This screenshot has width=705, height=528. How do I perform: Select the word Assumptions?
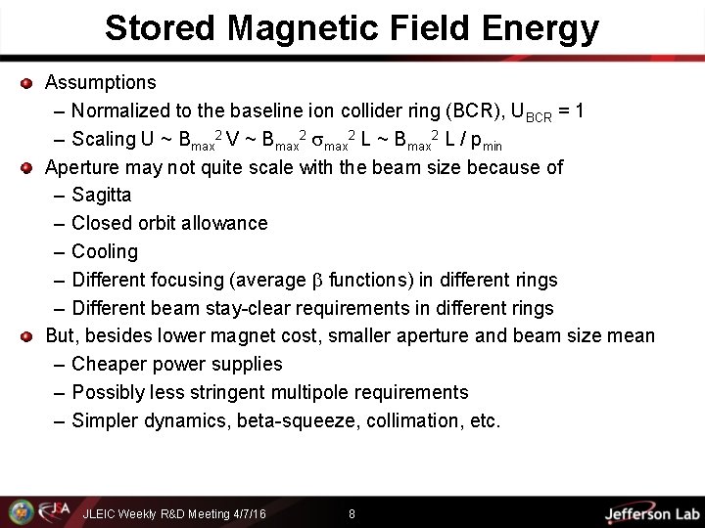click(x=101, y=82)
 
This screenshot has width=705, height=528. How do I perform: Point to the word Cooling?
click(x=105, y=251)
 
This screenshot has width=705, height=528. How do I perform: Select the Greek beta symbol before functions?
click(x=316, y=281)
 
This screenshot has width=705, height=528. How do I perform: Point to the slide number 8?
click(x=352, y=512)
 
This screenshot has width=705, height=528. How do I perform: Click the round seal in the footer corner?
click(x=20, y=511)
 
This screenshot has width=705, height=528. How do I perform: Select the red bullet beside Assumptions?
click(x=26, y=83)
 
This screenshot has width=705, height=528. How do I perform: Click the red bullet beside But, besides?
click(x=26, y=336)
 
